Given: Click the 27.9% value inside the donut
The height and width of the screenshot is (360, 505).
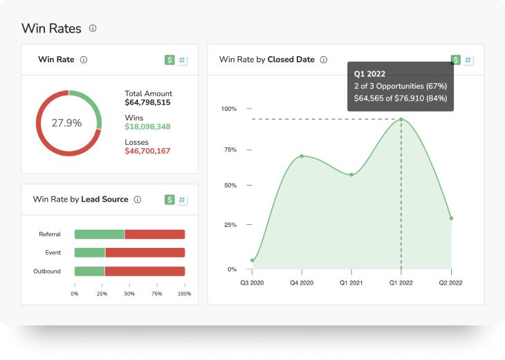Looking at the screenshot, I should coord(66,123).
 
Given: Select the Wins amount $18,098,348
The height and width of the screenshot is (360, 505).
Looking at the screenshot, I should coord(147,127).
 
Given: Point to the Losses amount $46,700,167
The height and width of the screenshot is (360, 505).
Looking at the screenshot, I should coord(147,150).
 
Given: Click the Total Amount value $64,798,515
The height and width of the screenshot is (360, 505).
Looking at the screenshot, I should coord(147,102).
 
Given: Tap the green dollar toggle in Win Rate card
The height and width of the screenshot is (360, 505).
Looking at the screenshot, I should coord(169,60).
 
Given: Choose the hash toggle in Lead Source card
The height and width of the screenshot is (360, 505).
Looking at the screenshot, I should coord(183,199).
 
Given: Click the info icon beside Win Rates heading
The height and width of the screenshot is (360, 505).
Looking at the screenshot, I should coord(93,28).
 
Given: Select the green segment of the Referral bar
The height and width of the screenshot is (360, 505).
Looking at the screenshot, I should coord(99,235).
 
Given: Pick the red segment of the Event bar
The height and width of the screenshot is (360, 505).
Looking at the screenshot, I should coord(145,253).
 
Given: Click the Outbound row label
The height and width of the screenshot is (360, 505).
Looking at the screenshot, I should coord(47,271).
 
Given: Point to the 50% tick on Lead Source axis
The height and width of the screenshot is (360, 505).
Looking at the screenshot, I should coord(129,294).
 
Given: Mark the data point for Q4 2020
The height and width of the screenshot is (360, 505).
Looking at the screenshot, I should coord(302,156).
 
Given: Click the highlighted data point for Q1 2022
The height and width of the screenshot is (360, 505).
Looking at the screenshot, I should coord(401,119).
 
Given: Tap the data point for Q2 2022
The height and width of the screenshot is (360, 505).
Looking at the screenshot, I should coord(451,218).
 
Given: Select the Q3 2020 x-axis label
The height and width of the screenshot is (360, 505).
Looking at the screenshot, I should coord(252,282).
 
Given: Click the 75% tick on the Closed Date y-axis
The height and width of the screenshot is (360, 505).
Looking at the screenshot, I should coord(228,150).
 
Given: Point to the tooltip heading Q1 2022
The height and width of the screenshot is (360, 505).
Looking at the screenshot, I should coord(369,73).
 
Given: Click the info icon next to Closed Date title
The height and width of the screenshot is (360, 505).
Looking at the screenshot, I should coord(323,60).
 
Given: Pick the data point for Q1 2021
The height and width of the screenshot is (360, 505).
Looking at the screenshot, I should coord(351,174).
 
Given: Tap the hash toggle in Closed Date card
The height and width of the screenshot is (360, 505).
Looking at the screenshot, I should coord(468,60).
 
